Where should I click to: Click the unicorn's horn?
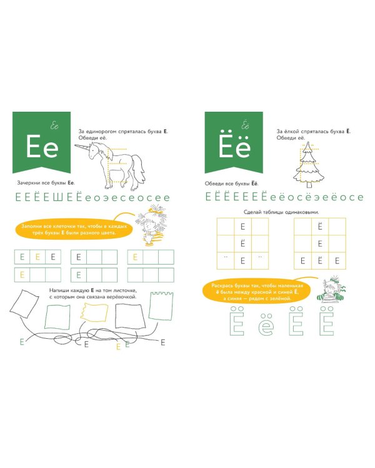coord(82,147)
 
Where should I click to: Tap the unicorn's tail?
coord(139,170)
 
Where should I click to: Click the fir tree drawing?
coord(308,165)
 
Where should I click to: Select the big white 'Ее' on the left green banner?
coord(42,147)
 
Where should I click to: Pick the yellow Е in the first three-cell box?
coord(37,257)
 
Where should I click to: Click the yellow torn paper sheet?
coord(94,312)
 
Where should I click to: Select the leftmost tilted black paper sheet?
coord(24,303)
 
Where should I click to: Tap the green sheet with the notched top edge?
coord(161,306)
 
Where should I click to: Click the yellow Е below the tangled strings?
coord(118,347)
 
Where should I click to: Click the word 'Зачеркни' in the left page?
coord(28,183)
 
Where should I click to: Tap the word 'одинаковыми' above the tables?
coord(301,212)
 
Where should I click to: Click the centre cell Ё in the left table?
coord(243,243)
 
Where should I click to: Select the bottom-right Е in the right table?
coord(337,261)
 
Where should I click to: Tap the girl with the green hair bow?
coord(331,289)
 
